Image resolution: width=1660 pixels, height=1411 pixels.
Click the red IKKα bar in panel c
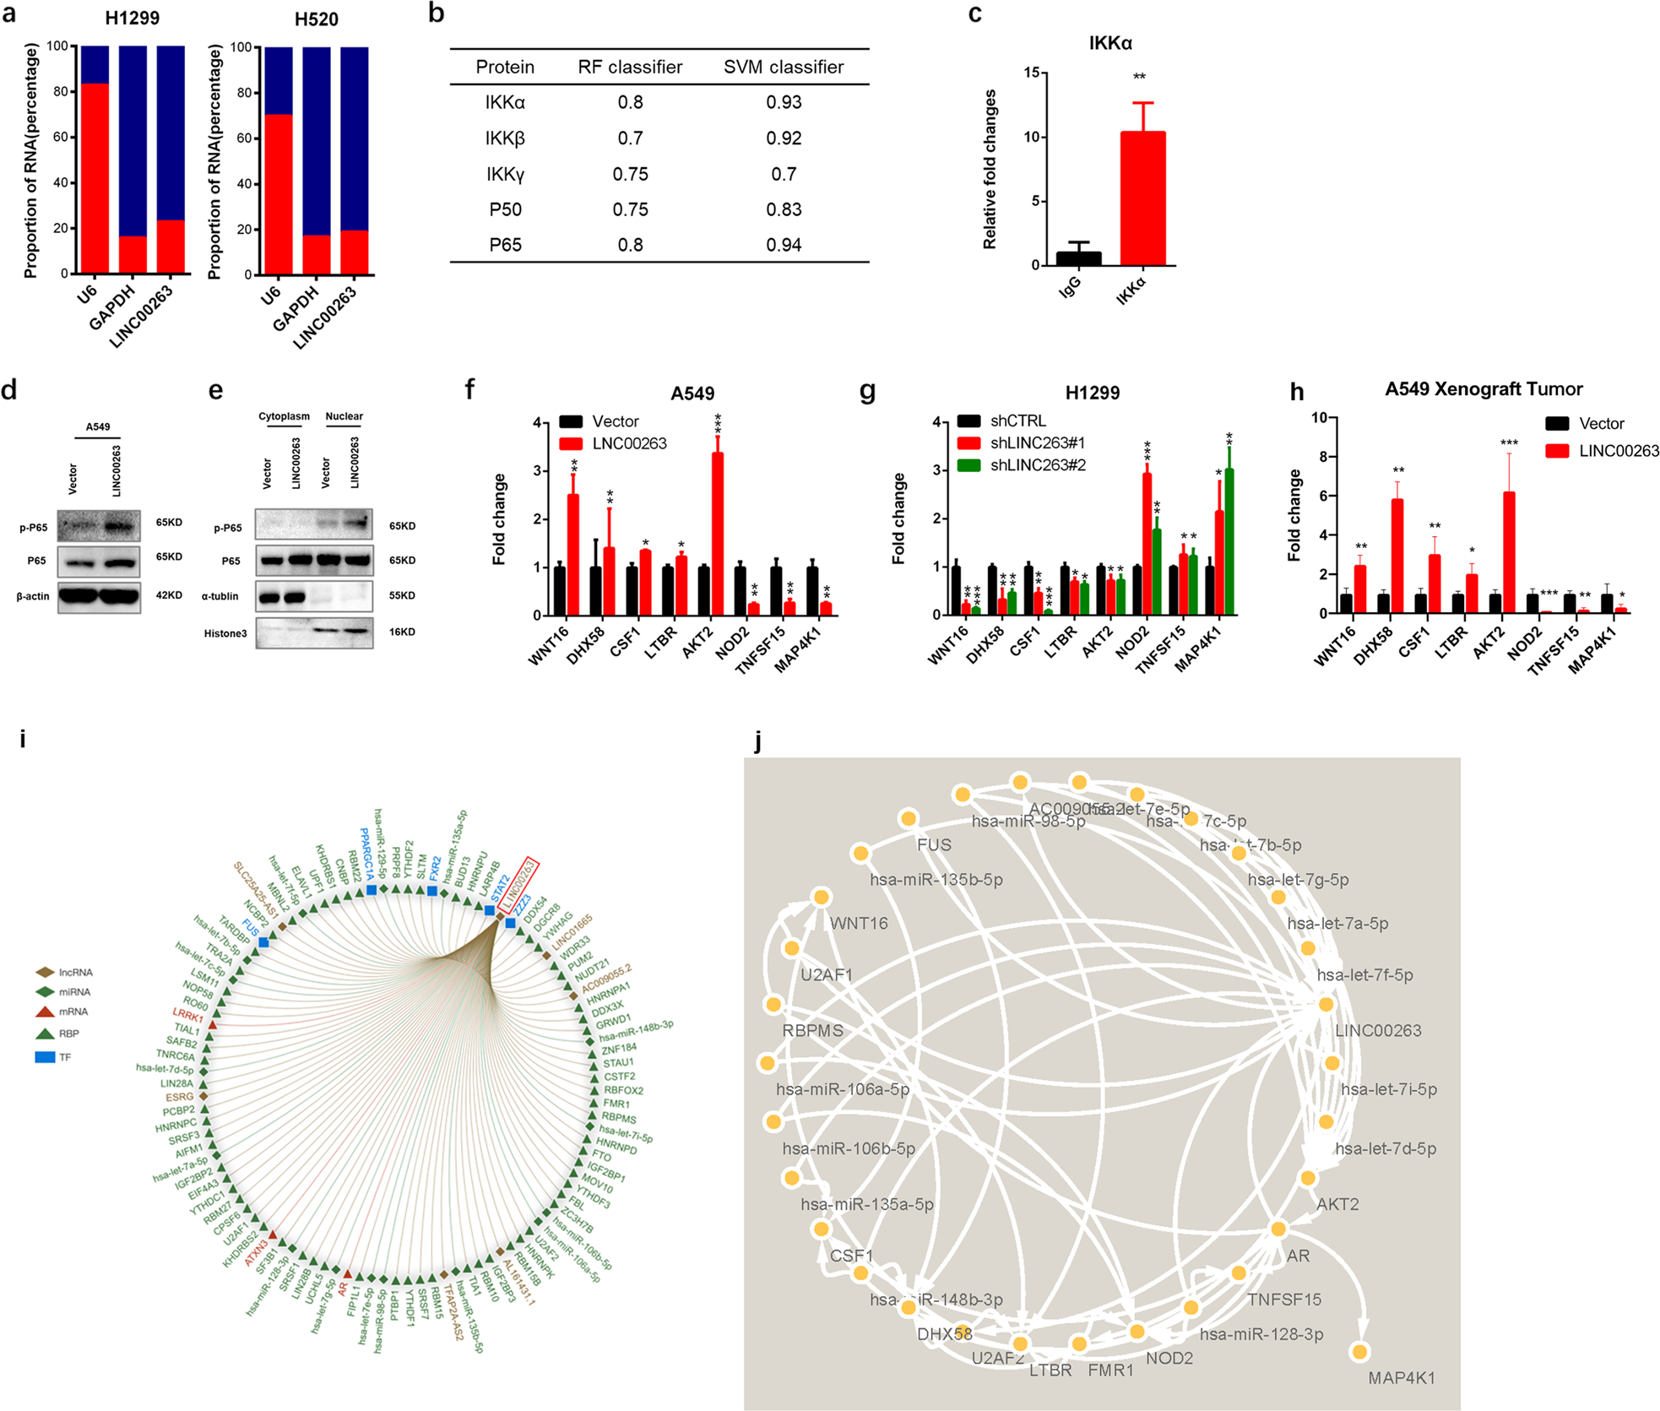[1142, 198]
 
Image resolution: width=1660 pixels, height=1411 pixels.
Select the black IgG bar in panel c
[1078, 258]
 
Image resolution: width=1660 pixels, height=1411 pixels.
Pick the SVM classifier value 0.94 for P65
[783, 245]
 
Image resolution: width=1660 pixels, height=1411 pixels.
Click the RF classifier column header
[630, 68]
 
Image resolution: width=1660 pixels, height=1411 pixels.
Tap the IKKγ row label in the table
[505, 174]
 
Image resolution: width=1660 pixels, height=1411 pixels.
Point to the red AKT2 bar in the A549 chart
[718, 534]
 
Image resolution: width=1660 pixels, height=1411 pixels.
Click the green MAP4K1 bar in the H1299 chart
[1229, 542]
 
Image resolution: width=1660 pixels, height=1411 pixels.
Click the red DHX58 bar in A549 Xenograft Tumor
[1397, 556]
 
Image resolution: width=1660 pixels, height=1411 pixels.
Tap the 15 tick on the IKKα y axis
[1031, 73]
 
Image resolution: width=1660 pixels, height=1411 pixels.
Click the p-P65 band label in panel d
[34, 528]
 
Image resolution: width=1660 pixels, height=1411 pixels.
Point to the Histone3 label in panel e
[225, 633]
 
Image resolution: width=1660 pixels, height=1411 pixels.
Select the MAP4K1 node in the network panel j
[1359, 1352]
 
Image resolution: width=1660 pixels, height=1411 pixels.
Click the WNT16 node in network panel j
[821, 897]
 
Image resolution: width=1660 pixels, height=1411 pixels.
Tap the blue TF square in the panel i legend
[45, 1057]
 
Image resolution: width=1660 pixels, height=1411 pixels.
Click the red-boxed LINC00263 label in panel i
[518, 884]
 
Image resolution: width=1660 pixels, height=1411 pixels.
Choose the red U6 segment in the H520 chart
[279, 194]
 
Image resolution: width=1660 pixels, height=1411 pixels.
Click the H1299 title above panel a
[133, 18]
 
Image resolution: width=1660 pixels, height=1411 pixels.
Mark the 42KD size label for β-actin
[169, 595]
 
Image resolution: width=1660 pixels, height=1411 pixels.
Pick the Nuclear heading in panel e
[344, 416]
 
